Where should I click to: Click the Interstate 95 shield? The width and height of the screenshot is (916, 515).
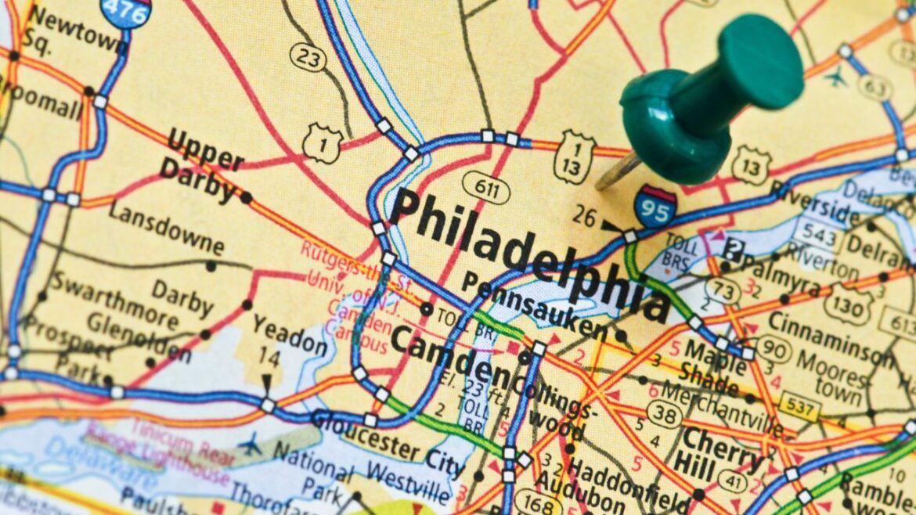tap(655, 207)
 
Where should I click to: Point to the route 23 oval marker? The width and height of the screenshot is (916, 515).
tap(307, 57)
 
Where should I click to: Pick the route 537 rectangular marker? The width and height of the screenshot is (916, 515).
tap(799, 407)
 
